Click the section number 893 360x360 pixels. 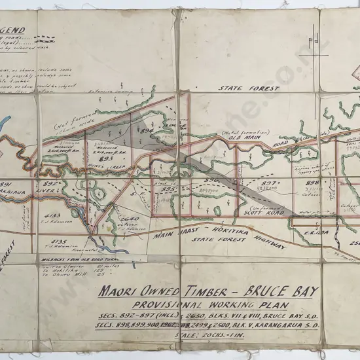point(106,158)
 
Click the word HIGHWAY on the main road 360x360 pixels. point(266,243)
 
